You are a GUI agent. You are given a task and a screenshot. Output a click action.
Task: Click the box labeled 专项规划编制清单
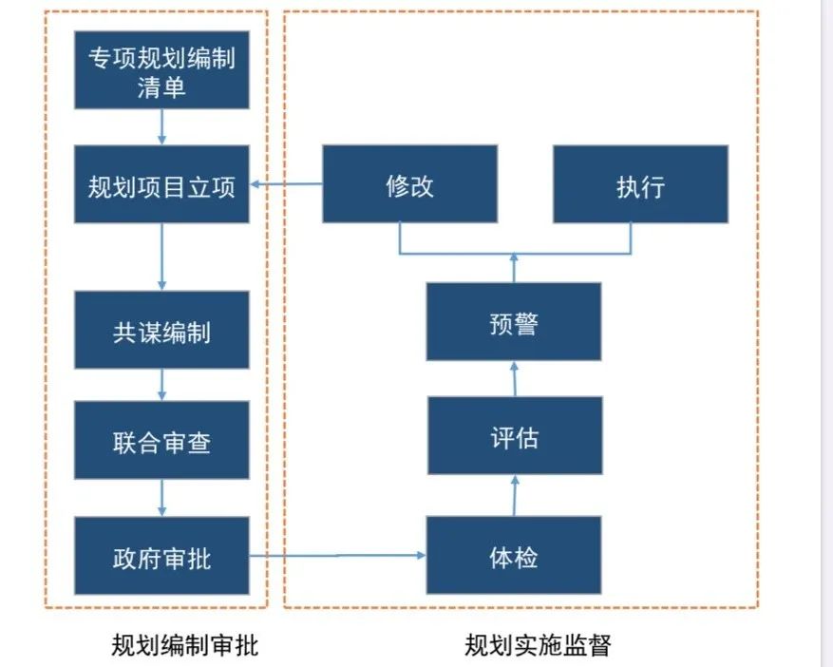[161, 71]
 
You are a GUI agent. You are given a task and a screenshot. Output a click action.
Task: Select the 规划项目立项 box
[161, 184]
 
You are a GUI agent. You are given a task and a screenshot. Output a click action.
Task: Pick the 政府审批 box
[161, 556]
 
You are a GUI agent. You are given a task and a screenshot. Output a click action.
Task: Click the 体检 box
[514, 556]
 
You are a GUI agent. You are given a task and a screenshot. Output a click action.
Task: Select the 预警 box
[514, 322]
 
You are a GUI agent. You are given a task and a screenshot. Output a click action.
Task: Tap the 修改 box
[409, 184]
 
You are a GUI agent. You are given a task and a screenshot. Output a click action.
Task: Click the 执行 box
[640, 184]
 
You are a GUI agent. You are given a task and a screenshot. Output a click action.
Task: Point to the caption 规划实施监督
[538, 645]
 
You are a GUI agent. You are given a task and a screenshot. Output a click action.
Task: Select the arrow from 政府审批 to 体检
[337, 556]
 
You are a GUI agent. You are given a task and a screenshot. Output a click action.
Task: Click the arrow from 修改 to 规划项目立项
[286, 185]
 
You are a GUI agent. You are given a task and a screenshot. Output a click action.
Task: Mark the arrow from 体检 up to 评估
[514, 495]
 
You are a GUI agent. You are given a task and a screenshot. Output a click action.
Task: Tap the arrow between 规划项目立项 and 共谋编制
[162, 257]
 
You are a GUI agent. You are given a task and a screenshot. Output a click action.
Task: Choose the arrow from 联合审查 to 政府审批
[162, 497]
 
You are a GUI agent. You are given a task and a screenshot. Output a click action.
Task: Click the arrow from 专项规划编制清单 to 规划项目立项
[162, 126]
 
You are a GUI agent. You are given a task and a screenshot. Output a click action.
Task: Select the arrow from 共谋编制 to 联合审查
[162, 385]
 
